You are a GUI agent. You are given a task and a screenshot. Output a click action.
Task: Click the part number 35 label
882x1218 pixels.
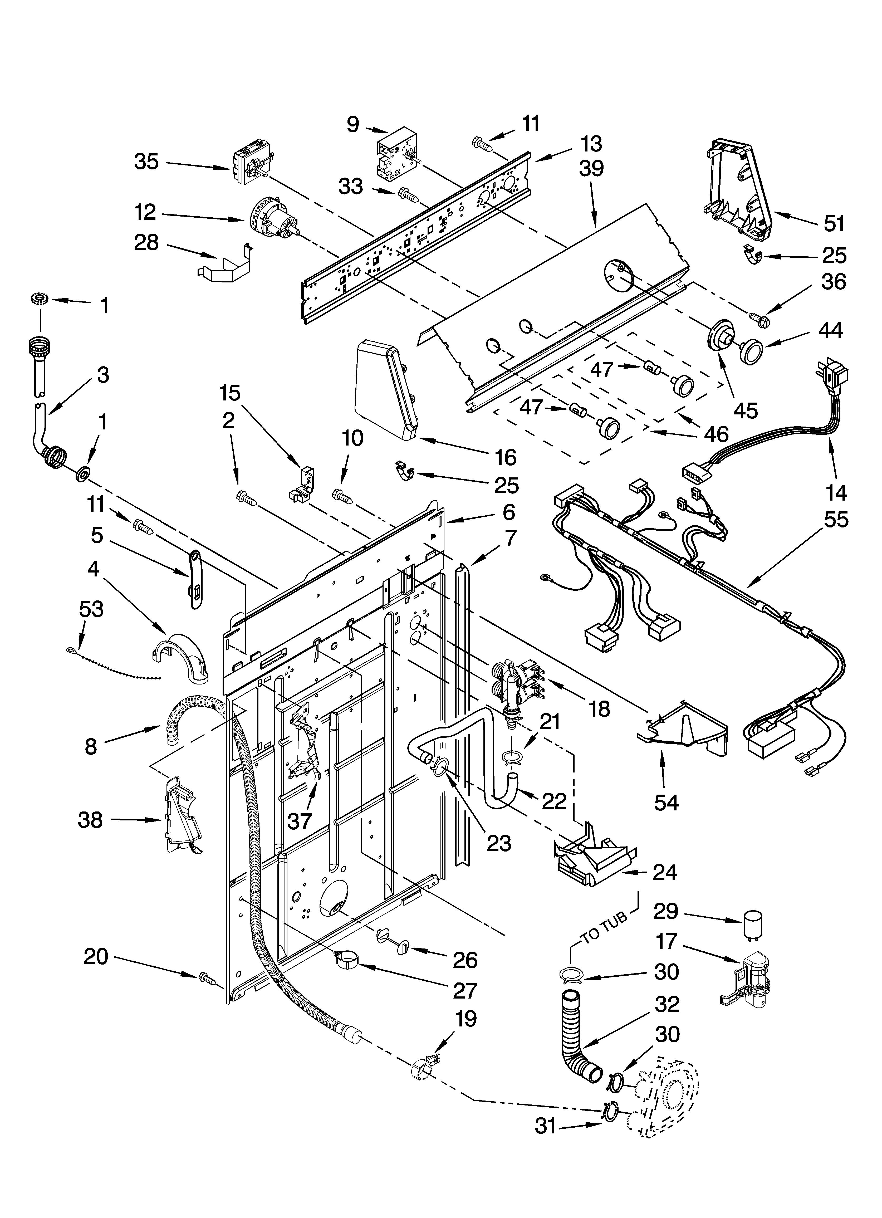[x=146, y=161]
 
